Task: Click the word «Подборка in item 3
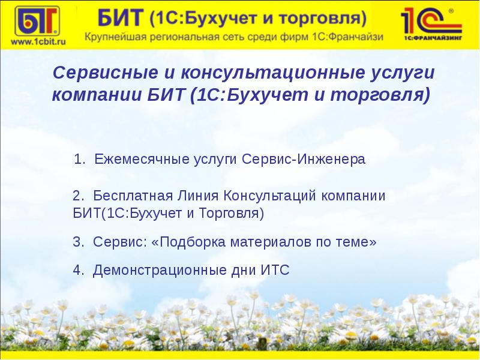[187, 242]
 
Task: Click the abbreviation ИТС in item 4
[275, 271]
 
